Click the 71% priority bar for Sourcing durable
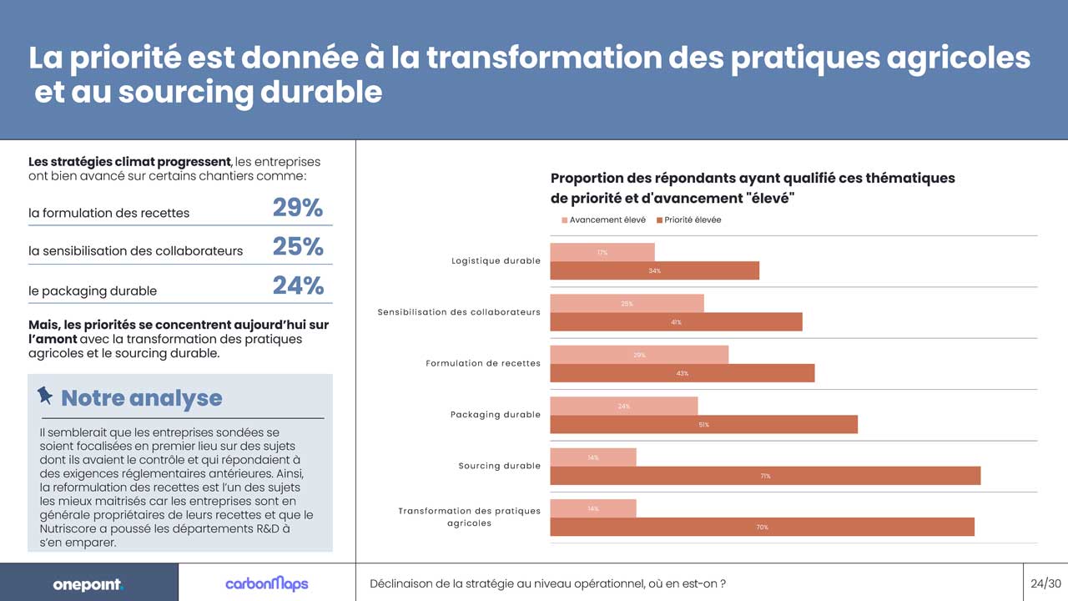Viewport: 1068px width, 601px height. pos(765,476)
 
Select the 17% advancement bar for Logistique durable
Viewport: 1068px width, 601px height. pos(602,252)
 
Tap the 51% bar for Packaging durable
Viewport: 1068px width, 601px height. pos(703,425)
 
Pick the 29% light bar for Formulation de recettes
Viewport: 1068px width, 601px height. pos(639,355)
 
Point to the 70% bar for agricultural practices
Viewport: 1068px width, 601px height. pos(762,527)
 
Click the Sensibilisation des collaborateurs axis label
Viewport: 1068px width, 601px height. pos(459,312)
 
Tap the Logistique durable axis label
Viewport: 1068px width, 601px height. pos(496,261)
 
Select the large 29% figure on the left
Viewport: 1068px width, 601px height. pos(298,208)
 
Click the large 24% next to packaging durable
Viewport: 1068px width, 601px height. pos(298,286)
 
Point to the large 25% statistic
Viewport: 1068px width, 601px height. pos(298,246)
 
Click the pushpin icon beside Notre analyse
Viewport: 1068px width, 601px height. pos(45,395)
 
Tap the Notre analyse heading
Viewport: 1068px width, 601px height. pos(142,398)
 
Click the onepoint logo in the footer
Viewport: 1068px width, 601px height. pos(88,584)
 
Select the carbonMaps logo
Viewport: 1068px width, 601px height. pos(266,583)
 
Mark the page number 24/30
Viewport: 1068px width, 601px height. pos(1045,583)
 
